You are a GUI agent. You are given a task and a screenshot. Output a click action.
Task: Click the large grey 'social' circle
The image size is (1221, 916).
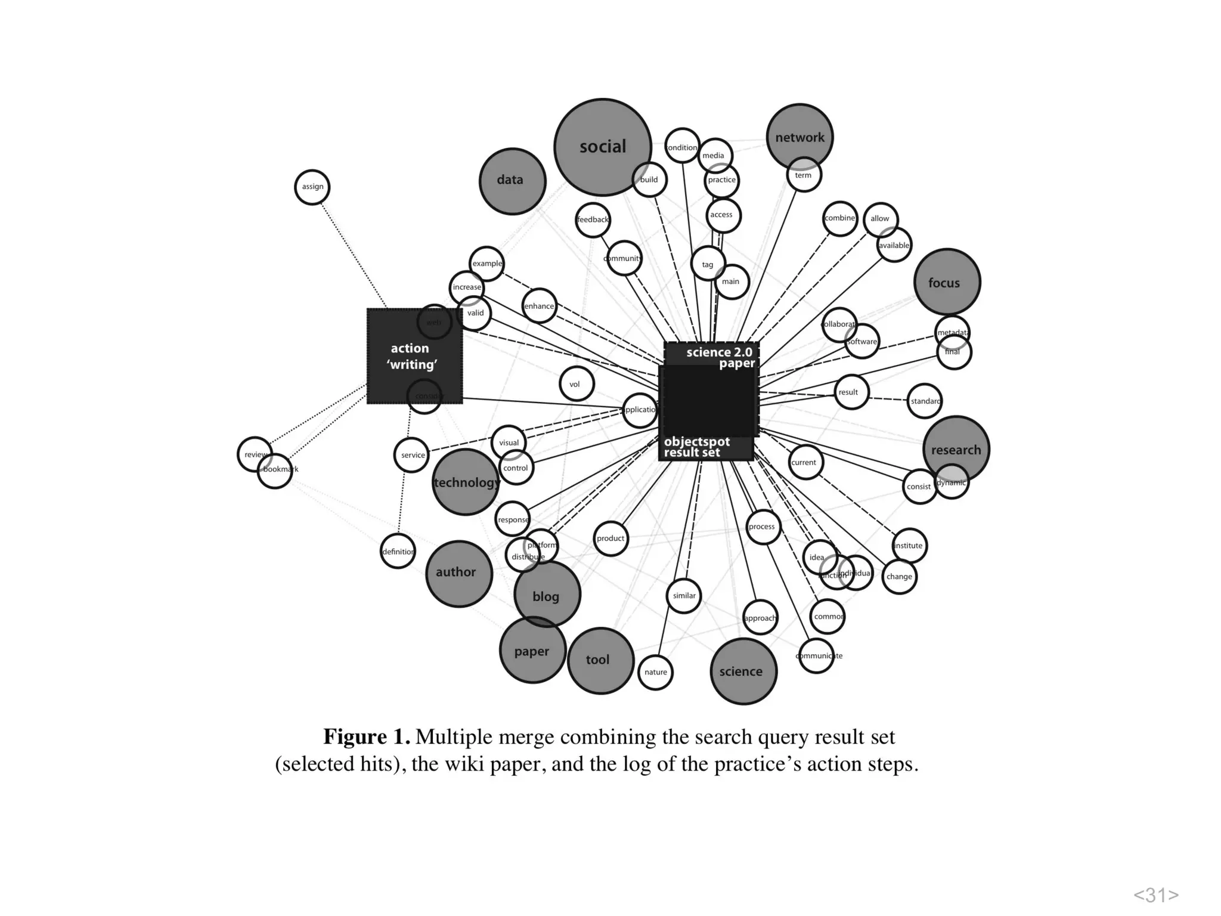pyautogui.click(x=602, y=147)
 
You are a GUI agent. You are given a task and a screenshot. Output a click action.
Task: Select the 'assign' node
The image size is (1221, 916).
pyautogui.click(x=312, y=187)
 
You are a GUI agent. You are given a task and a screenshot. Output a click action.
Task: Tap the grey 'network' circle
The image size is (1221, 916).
pyautogui.click(x=799, y=137)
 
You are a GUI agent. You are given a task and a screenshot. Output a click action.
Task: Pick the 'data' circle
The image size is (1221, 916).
pyautogui.click(x=512, y=181)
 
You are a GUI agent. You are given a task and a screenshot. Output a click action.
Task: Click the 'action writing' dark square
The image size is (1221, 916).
pyautogui.click(x=414, y=356)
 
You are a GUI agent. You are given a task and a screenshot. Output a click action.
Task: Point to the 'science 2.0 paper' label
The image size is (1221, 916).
pyautogui.click(x=720, y=357)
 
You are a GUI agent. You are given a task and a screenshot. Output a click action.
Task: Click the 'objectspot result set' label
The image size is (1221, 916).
pyautogui.click(x=696, y=447)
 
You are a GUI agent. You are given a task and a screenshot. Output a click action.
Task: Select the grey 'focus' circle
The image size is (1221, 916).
pyautogui.click(x=947, y=282)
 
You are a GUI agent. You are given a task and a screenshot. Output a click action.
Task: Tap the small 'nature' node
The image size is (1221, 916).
pyautogui.click(x=655, y=672)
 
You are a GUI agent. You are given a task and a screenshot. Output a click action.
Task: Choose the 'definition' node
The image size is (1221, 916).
pyautogui.click(x=398, y=552)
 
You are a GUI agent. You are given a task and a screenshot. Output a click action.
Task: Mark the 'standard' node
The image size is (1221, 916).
pyautogui.click(x=925, y=401)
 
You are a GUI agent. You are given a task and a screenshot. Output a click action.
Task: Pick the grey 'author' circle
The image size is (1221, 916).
pyautogui.click(x=458, y=573)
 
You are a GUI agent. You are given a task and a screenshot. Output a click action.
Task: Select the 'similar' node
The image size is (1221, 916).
pyautogui.click(x=684, y=595)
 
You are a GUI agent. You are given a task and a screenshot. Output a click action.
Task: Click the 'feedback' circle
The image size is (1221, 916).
pyautogui.click(x=593, y=219)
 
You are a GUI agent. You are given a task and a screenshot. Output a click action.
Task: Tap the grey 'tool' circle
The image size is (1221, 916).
pyautogui.click(x=600, y=660)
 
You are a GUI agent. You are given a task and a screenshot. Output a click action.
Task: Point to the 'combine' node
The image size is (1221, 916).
pyautogui.click(x=839, y=218)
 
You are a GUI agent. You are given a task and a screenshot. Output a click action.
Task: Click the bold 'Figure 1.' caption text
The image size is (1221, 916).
pyautogui.click(x=367, y=737)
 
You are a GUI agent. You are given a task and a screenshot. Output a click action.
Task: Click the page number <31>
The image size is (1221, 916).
pyautogui.click(x=1155, y=895)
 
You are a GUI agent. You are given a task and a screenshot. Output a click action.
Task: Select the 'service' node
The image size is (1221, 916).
pyautogui.click(x=411, y=455)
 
